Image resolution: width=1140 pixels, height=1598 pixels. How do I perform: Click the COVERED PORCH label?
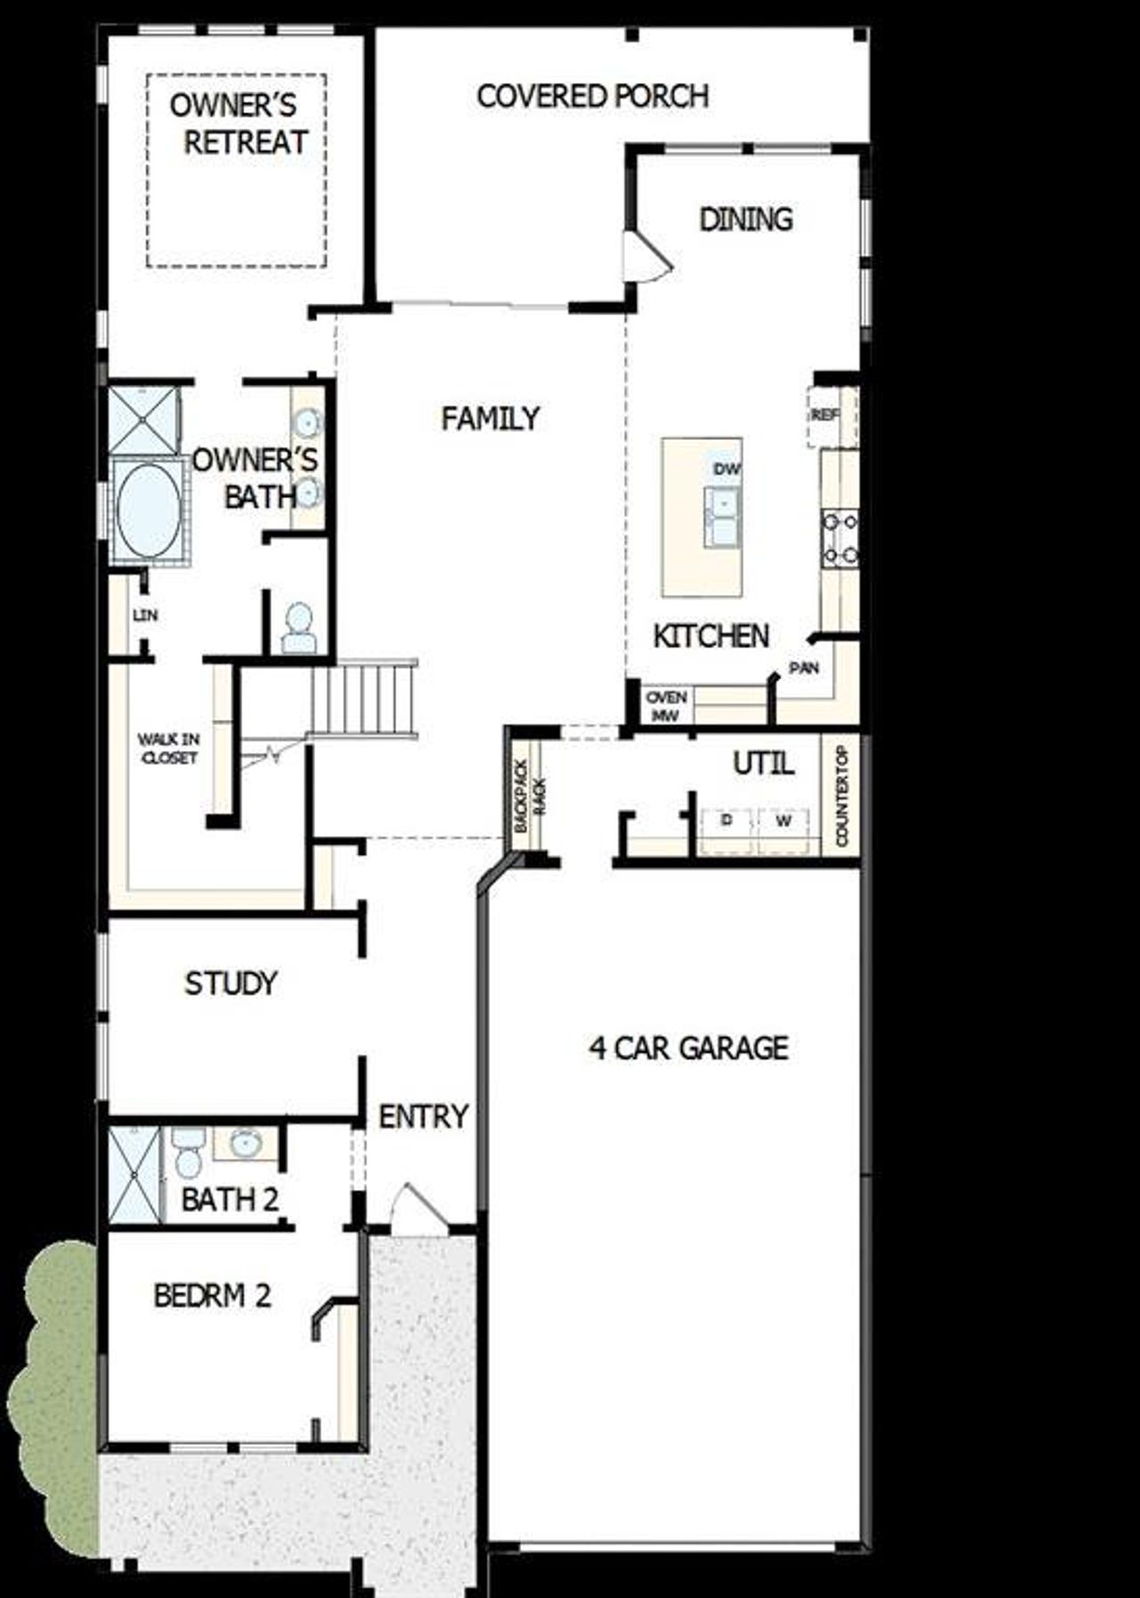592,96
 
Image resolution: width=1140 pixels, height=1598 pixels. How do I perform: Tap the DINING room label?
745,219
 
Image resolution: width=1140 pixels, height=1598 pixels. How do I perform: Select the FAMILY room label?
490,418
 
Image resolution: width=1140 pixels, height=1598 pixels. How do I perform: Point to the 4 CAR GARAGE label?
688,1048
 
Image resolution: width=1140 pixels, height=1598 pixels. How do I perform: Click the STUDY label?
231,983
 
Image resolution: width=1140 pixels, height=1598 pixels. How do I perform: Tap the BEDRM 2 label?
212,1295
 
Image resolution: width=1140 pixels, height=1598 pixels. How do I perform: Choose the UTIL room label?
763,763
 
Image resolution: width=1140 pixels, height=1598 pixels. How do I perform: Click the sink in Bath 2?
243,1143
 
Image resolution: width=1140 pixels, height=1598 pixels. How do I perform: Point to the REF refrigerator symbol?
826,415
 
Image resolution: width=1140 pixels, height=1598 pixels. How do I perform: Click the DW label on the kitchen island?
726,469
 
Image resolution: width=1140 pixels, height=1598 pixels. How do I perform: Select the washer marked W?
784,821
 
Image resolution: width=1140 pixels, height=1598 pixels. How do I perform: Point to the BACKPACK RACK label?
529,795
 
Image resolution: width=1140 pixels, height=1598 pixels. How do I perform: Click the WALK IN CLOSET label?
169,748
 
